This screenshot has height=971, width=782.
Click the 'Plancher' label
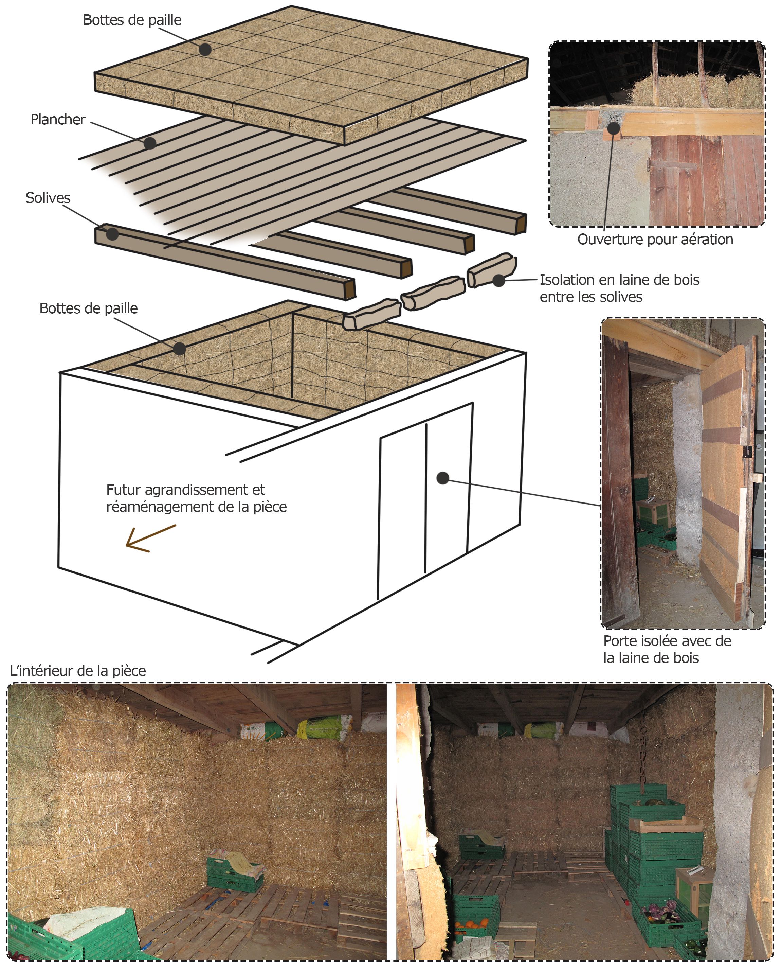click(x=58, y=120)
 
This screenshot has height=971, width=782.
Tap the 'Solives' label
click(x=48, y=198)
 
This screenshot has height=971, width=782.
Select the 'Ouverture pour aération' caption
click(x=655, y=240)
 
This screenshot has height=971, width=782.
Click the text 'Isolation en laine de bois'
click(x=619, y=280)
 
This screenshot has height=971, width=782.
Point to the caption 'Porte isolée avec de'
click(x=667, y=641)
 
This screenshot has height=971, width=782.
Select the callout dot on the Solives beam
click(x=112, y=234)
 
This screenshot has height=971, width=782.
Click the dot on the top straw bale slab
click(x=205, y=50)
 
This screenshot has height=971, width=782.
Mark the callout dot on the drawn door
click(x=443, y=478)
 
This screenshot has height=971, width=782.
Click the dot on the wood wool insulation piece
click(x=499, y=280)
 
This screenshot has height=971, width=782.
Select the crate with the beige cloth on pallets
click(x=234, y=869)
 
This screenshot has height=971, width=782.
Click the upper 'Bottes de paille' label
click(x=132, y=20)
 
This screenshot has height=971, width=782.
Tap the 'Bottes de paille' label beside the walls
click(x=88, y=308)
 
